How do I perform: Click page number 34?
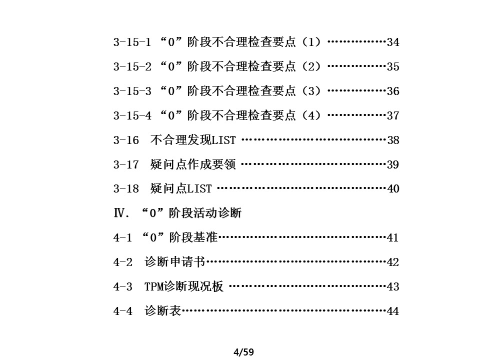pos(393,42)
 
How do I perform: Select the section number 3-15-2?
pos(132,66)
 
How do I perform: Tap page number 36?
pos(393,91)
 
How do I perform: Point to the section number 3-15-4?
pos(132,115)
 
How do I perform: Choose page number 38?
pos(393,140)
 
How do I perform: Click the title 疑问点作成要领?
pos(193,164)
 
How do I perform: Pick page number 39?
pos(393,164)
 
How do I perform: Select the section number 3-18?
pos(126,188)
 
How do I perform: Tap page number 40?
pos(393,188)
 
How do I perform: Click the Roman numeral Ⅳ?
pos(119,213)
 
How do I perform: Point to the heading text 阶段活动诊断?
pos(205,213)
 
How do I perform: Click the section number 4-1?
pos(123,237)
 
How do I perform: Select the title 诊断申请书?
pos(175,262)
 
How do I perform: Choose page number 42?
pos(393,262)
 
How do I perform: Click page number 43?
pos(393,286)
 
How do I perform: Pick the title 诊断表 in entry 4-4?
pos(163,311)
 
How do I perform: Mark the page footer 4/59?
pos(243,352)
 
